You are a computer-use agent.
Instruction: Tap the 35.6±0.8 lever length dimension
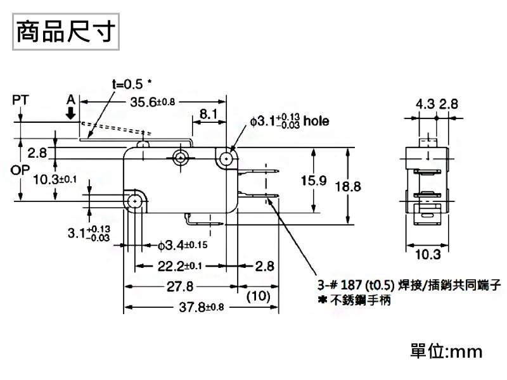153,103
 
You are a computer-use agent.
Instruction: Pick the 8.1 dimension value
209,114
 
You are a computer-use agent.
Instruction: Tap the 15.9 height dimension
313,181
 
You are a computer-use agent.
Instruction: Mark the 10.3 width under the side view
428,255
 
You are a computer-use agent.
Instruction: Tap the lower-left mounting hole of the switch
134,201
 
